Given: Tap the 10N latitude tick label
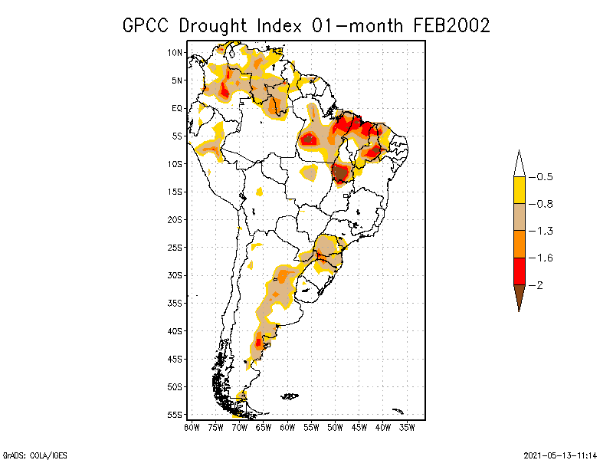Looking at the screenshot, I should click(175, 52).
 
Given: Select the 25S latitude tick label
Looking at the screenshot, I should click(175, 248).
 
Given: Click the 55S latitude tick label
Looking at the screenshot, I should click(175, 415).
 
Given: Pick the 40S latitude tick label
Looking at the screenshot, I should click(175, 331).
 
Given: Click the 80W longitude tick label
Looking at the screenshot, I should click(192, 426).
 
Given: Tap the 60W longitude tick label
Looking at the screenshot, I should click(287, 426).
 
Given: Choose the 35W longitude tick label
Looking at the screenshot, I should click(407, 426).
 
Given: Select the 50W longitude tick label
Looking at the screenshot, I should click(335, 426).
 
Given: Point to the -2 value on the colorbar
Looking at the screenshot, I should click(536, 285).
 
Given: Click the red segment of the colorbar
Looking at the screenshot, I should click(519, 271).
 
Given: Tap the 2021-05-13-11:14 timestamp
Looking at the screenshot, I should click(559, 454).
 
